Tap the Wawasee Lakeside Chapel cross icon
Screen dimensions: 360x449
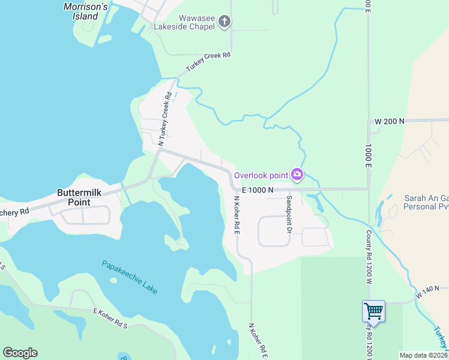(224, 22)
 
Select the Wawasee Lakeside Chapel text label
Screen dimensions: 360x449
(184, 22)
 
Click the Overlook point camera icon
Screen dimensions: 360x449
(297, 175)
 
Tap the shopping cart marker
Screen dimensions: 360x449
(373, 311)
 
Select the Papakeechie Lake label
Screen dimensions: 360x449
(130, 277)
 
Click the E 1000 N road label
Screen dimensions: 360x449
(257, 190)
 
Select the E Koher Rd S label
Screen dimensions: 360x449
(110, 318)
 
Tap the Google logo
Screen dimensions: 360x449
(20, 353)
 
